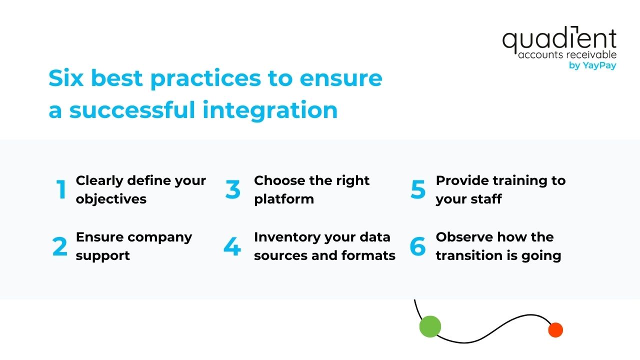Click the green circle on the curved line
pos(430,326)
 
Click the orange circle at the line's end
pos(555,330)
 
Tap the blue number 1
pos(61,189)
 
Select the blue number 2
pos(59,246)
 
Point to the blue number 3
pos(232,189)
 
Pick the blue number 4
pos(232,246)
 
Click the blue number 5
pos(418,189)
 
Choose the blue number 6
pos(417,246)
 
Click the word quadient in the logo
pos(559,40)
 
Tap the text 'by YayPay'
pos(592,65)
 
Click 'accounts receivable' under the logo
pos(567,54)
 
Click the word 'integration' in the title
pos(270,110)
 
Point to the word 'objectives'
pos(111,199)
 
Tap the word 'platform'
pos(284,199)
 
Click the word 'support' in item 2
pos(102,255)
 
